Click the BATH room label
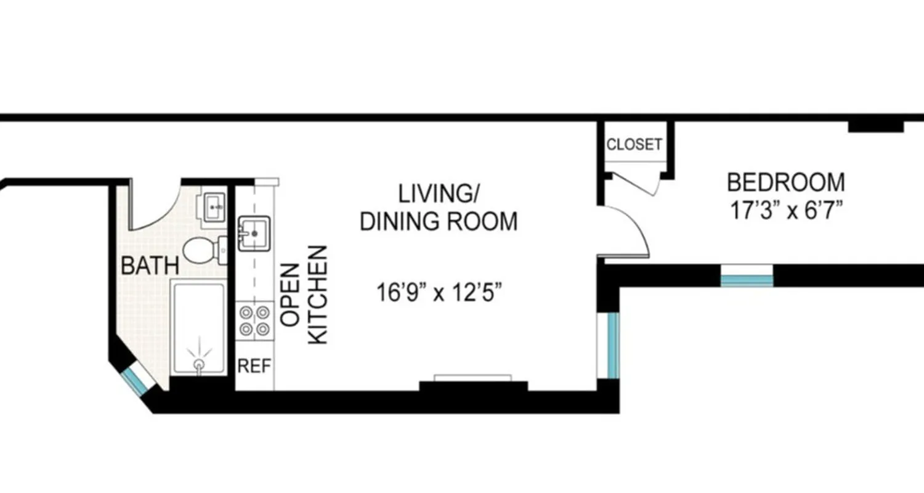tap(150, 266)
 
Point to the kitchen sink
tap(254, 233)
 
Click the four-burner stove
tap(255, 320)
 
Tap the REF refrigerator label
tap(254, 366)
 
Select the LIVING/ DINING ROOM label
tap(438, 207)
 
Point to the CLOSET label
tap(634, 145)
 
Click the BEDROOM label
tap(785, 182)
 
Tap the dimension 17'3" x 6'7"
tap(786, 211)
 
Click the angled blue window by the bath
tap(136, 380)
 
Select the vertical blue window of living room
tap(612, 345)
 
